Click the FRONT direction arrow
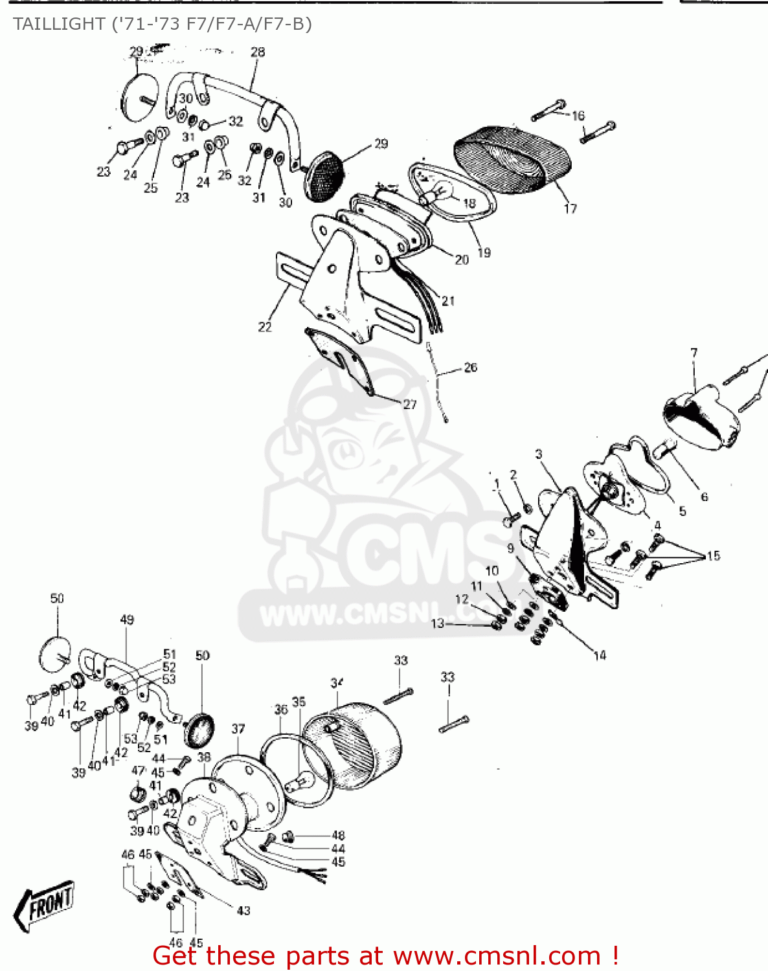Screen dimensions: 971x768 (44, 904)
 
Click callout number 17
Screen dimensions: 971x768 (570, 208)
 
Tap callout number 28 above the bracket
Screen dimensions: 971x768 (258, 52)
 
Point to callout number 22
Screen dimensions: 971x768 (265, 327)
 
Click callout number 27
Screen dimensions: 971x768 (410, 404)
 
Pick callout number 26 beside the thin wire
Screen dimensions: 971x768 (471, 367)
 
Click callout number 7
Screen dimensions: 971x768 (694, 353)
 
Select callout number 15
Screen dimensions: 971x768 (713, 555)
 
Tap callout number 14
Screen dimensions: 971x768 (600, 656)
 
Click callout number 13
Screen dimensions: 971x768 (438, 623)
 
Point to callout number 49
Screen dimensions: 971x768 (127, 619)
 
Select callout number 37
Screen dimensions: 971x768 (238, 729)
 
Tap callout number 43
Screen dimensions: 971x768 (243, 910)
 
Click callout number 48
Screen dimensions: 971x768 (338, 835)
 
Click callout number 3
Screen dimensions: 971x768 (539, 454)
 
